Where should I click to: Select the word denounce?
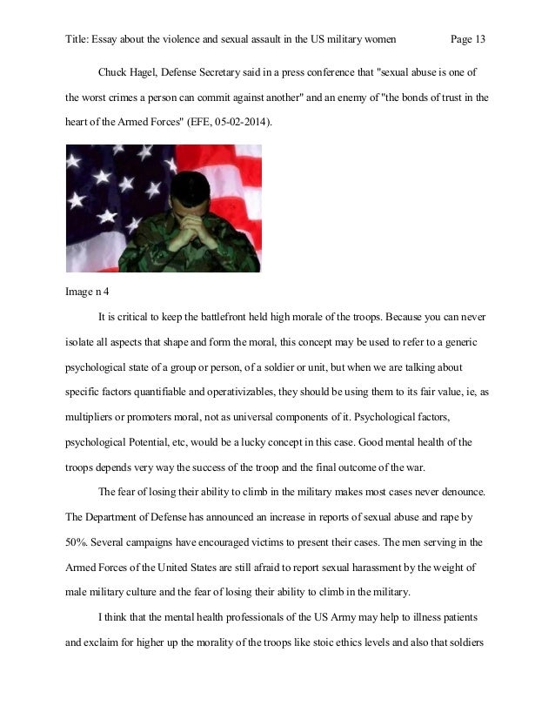[x=454, y=493]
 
